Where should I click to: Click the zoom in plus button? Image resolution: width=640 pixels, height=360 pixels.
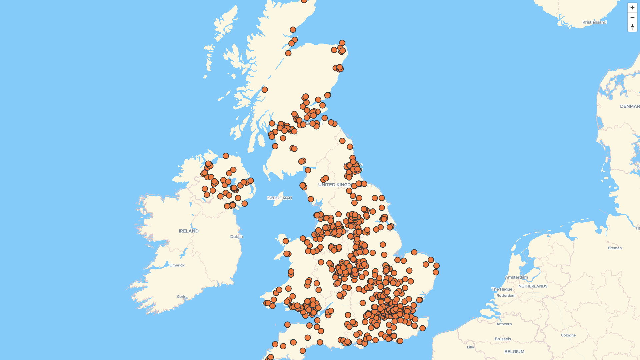[x=632, y=8]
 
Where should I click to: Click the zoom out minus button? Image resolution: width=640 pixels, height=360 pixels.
[x=632, y=17]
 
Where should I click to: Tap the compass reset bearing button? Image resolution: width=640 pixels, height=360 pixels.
[x=632, y=27]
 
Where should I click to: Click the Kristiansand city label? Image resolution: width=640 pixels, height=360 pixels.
[x=594, y=22]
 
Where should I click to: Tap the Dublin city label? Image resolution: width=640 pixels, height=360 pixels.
[x=237, y=237]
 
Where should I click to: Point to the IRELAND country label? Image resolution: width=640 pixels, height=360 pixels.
[x=189, y=231]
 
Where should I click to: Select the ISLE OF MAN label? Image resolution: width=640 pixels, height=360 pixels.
[x=279, y=198]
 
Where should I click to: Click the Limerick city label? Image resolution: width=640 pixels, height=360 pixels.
[x=177, y=265]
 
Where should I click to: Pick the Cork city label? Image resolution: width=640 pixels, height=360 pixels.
[x=181, y=297]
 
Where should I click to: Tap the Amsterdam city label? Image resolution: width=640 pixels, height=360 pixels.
[x=516, y=277]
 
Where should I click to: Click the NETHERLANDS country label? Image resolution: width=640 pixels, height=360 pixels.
[x=533, y=286]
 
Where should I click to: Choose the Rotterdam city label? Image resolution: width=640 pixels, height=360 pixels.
[x=506, y=296]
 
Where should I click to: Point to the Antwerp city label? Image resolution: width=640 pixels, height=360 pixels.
[x=504, y=324]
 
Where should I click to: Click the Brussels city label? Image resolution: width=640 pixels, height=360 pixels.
[x=503, y=339]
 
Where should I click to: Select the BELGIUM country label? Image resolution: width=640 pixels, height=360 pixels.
[x=514, y=352]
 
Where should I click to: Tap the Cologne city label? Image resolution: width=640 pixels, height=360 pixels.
[x=568, y=335]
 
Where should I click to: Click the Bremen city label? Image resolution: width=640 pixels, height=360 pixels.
[x=615, y=248]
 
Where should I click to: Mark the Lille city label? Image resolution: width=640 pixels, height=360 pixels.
[x=470, y=347]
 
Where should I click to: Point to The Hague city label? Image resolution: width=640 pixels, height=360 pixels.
[x=502, y=289]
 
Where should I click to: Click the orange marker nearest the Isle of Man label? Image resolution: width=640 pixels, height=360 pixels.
[x=311, y=199]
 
